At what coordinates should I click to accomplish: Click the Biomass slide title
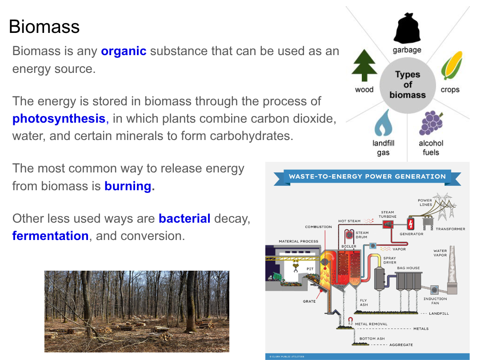(44, 27)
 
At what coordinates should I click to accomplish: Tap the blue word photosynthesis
(59, 119)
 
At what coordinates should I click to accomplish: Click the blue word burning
(128, 186)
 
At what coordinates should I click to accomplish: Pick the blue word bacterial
(184, 219)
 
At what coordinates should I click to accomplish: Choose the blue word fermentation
(51, 236)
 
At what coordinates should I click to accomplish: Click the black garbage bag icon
(407, 28)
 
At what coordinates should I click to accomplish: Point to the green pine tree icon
(364, 65)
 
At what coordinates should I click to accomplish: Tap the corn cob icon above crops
(452, 65)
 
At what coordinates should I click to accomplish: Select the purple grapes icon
(431, 123)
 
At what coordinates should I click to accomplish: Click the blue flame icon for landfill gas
(383, 123)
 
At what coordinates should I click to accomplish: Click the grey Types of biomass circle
(408, 85)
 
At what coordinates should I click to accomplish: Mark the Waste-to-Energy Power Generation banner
(368, 177)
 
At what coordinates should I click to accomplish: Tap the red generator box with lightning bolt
(411, 224)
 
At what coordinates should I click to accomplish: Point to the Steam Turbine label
(388, 214)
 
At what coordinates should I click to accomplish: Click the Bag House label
(408, 268)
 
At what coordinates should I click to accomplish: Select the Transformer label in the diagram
(450, 229)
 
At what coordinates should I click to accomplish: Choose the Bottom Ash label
(372, 339)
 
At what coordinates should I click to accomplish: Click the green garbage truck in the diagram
(276, 277)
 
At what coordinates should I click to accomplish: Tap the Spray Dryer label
(390, 260)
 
